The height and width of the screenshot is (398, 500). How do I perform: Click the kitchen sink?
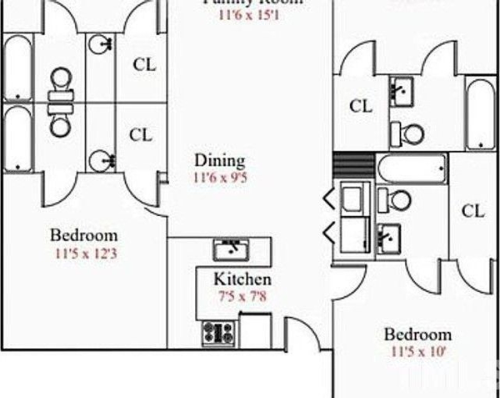[x=229, y=249]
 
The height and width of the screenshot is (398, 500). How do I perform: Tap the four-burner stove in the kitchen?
[x=218, y=333]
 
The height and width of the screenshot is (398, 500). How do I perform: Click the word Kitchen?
[x=242, y=280]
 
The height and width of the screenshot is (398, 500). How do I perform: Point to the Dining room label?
[x=219, y=160]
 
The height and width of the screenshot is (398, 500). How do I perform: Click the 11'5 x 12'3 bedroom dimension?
[x=83, y=252]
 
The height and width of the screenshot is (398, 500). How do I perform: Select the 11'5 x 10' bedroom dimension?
[x=418, y=351]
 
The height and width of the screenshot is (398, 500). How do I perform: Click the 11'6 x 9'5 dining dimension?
[x=219, y=177]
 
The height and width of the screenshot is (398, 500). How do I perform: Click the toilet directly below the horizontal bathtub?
[x=399, y=200]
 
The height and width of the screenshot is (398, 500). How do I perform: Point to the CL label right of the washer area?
[x=472, y=211]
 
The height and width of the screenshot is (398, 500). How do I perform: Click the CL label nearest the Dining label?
[x=142, y=134]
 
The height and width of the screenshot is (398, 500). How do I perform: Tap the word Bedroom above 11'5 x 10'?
[x=417, y=335]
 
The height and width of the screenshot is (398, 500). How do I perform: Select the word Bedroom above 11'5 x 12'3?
[x=83, y=235]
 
